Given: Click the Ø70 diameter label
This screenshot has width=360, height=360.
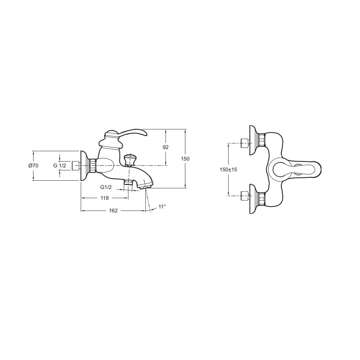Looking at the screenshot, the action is pyautogui.click(x=33, y=166).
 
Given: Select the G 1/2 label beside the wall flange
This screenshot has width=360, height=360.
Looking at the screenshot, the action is pyautogui.click(x=60, y=165).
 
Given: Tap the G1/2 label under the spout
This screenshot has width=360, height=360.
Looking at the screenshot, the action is pyautogui.click(x=106, y=187).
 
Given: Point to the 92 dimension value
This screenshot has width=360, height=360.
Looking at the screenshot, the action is pyautogui.click(x=166, y=147).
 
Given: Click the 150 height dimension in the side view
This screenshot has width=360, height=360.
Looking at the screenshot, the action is pyautogui.click(x=185, y=159).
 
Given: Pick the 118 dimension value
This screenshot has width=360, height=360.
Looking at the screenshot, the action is pyautogui.click(x=105, y=198).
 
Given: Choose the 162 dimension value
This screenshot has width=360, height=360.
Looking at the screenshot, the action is pyautogui.click(x=113, y=211).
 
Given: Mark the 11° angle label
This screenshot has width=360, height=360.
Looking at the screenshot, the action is pyautogui.click(x=162, y=207).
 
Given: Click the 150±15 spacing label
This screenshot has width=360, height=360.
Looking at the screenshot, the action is pyautogui.click(x=228, y=170).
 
